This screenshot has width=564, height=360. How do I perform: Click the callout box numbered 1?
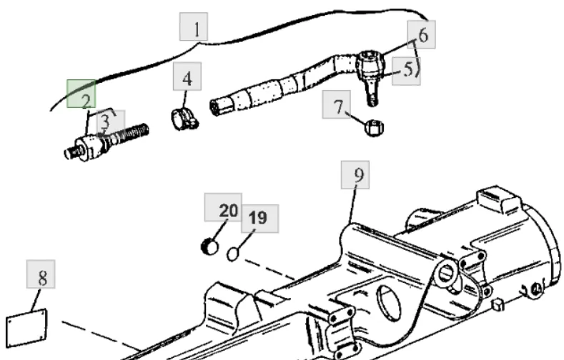(x=194, y=26)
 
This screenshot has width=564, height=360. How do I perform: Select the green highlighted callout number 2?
(x=81, y=94)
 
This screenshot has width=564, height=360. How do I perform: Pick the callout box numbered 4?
(x=187, y=76)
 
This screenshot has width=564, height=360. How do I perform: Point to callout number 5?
(x=406, y=71)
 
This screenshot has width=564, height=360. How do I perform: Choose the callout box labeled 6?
(x=421, y=34)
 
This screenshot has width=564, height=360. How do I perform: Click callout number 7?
(x=336, y=104)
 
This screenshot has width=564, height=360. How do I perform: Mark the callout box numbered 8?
(x=41, y=274)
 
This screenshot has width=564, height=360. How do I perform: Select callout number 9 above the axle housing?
(x=355, y=175)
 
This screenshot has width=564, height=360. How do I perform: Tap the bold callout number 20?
(x=223, y=207)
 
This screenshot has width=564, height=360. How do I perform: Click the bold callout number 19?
(x=259, y=219)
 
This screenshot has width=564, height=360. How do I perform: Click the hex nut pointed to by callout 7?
(x=374, y=128)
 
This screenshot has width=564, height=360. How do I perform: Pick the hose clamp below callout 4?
(x=184, y=119)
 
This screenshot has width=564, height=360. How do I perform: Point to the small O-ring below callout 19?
(x=233, y=254)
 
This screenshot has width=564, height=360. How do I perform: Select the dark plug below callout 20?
(x=209, y=247)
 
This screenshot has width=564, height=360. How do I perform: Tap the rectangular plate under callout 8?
(x=26, y=329)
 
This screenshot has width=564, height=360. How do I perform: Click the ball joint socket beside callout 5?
(x=370, y=66)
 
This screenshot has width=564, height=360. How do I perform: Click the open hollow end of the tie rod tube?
(x=216, y=107)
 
